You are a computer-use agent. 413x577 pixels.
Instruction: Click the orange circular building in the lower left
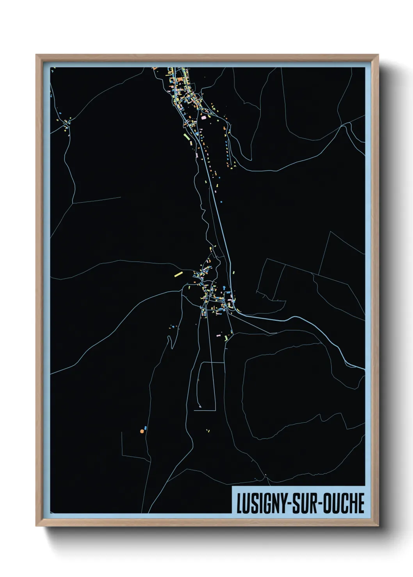(142, 431)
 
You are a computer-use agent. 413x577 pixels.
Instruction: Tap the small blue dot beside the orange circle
(146, 428)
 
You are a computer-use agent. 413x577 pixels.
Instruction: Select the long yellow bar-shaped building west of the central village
(178, 274)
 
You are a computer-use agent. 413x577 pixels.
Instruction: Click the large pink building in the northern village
(203, 117)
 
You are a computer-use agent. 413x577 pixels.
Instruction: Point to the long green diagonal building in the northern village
(186, 137)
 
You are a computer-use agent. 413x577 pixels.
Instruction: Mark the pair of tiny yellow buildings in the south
(208, 430)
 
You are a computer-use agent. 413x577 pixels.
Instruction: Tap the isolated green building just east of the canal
(234, 273)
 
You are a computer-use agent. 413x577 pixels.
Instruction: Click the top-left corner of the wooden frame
(37, 55)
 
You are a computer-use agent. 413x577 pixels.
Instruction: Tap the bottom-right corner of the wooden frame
(377, 526)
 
